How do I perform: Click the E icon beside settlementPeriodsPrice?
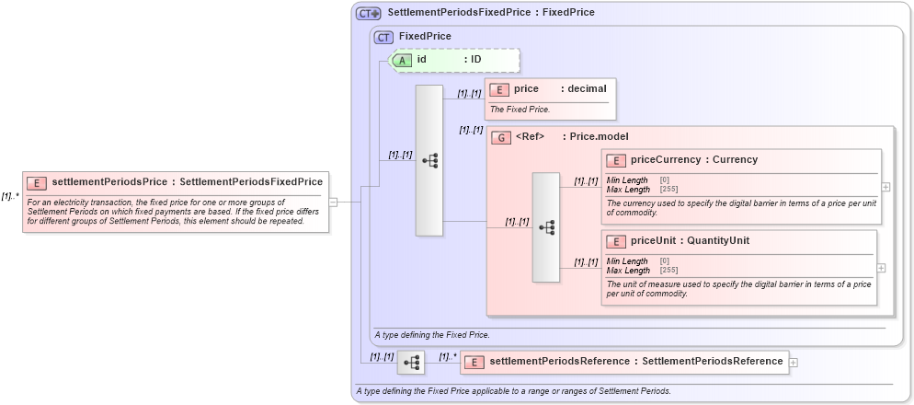coord(38,182)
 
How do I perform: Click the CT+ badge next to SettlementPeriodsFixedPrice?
coord(369,13)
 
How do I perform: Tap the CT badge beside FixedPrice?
coord(383,37)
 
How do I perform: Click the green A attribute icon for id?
coord(402,60)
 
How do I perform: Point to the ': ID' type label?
coord(473,60)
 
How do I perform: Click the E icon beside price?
coord(499,89)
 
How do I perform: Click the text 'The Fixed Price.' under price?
coord(520,109)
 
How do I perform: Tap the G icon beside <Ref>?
coord(502,137)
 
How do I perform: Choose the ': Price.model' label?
coord(595,137)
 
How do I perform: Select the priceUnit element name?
coord(652,241)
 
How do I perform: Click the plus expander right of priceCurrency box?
coord(885,187)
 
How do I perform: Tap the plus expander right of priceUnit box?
coord(881,268)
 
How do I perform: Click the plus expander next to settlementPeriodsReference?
coord(794,363)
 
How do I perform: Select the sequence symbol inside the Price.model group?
coord(545,226)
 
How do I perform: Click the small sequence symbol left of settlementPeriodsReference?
coord(410,363)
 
